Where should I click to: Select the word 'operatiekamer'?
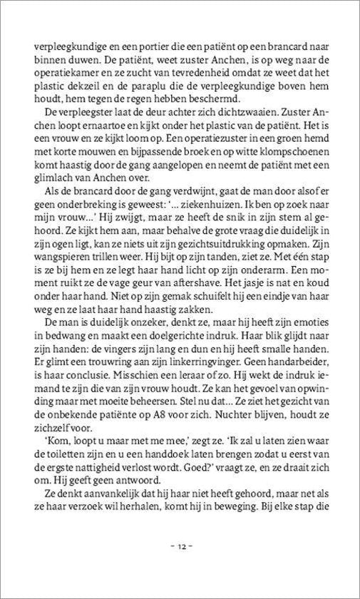[72, 77]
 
